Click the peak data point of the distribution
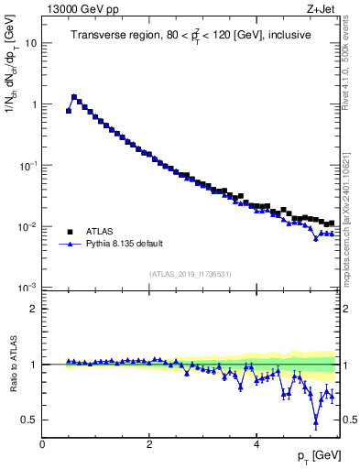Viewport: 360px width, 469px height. [74, 96]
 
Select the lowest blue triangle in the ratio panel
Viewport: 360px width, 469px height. [316, 422]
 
